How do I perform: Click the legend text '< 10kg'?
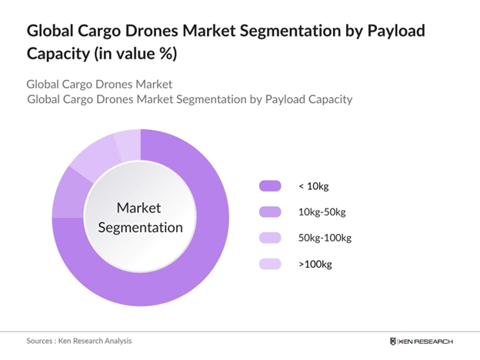[314, 185]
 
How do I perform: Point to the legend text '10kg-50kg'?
[322, 212]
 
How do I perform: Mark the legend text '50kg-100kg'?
[325, 238]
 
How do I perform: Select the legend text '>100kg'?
[315, 264]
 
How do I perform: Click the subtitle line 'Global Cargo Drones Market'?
[98, 84]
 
